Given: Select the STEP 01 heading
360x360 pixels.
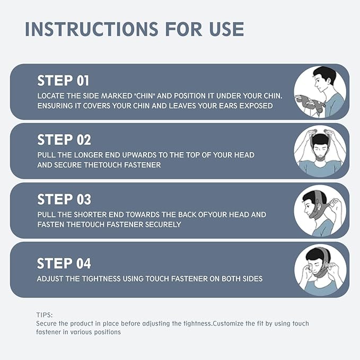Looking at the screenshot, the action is click(x=63, y=81).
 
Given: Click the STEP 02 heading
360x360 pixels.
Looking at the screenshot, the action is click(x=64, y=140).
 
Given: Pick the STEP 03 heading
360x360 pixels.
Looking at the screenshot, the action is click(x=64, y=199).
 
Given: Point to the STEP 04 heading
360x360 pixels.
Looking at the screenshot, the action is click(x=64, y=263).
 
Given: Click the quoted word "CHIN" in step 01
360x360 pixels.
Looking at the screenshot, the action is click(x=145, y=96).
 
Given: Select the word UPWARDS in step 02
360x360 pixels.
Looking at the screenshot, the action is click(x=139, y=155).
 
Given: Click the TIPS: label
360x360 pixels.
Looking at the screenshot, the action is click(x=45, y=315).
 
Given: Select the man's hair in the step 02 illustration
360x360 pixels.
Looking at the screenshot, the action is click(x=320, y=139).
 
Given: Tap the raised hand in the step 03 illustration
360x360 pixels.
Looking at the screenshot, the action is click(x=336, y=204).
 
